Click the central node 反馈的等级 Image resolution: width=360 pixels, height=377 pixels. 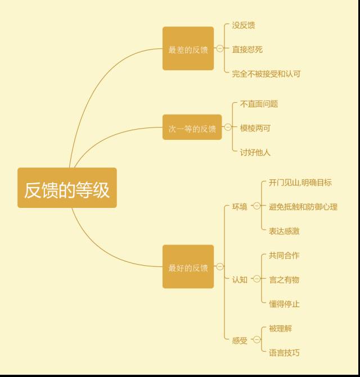pyautogui.click(x=67, y=188)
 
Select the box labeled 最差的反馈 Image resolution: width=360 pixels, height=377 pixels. pyautogui.click(x=188, y=49)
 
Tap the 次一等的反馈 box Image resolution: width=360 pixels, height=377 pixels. pyautogui.click(x=192, y=128)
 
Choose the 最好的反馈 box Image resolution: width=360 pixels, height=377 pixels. pyautogui.click(x=188, y=267)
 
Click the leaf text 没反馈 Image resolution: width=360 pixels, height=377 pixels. pyautogui.click(x=244, y=25)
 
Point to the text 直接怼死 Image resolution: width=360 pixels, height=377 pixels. pyautogui.click(x=247, y=49)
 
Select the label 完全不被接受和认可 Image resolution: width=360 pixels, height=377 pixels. pyautogui.click(x=266, y=74)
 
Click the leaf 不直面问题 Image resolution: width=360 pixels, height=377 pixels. pyautogui.click(x=259, y=104)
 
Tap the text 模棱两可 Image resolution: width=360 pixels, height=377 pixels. pyautogui.click(x=255, y=128)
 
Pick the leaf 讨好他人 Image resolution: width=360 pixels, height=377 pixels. pyautogui.click(x=255, y=152)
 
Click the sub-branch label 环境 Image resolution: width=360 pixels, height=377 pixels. pyautogui.click(x=240, y=207)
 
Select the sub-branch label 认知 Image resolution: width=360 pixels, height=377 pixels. pyautogui.click(x=240, y=280)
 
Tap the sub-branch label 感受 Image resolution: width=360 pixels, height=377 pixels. pyautogui.click(x=240, y=340)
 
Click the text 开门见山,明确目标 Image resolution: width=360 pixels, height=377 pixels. pyautogui.click(x=300, y=183)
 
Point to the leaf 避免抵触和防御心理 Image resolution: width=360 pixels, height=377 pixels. pyautogui.click(x=303, y=207)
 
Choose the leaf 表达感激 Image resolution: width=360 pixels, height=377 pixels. pyautogui.click(x=284, y=231)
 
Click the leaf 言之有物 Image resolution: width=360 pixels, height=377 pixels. pyautogui.click(x=284, y=280)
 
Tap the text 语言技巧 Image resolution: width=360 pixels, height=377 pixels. pyautogui.click(x=284, y=353)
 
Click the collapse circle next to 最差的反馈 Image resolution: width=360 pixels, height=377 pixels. pyautogui.click(x=219, y=49)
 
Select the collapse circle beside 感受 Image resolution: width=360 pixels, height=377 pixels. pyautogui.click(x=256, y=340)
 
